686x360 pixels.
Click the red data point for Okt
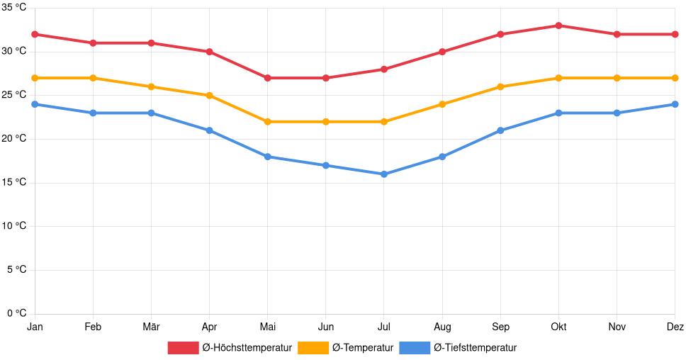coord(558,26)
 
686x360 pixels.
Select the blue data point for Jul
coord(384,174)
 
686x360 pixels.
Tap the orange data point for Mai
coord(267,122)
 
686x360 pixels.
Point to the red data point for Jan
coord(35,34)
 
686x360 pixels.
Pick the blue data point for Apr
coord(209,130)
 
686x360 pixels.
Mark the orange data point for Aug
coord(442,104)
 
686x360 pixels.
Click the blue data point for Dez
coord(675,104)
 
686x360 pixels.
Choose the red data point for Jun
coord(325,78)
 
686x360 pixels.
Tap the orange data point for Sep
coord(500,86)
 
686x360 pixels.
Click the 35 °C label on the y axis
coord(14,8)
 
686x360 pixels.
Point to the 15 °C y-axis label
coord(14,183)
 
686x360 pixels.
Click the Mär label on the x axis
coord(151,327)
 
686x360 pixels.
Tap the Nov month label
coord(617,327)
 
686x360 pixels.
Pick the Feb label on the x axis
coord(93,327)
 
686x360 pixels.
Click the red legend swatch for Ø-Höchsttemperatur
coord(183,348)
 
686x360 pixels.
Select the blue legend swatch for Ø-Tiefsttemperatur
coord(415,348)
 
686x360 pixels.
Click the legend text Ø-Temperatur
coord(363,348)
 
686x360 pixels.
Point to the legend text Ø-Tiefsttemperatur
coord(475,348)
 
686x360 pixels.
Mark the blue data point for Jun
coord(325,165)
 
